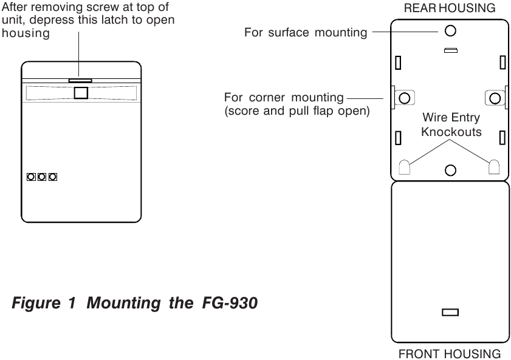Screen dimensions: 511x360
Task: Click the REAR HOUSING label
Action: (450, 8)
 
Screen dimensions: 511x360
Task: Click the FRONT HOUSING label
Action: (450, 354)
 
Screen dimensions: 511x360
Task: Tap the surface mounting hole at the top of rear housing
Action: (450, 31)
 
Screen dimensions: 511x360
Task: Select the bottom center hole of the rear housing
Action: (450, 170)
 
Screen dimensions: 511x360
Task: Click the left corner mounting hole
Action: (405, 98)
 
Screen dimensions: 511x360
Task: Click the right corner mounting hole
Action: (495, 98)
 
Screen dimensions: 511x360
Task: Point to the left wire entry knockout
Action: (405, 167)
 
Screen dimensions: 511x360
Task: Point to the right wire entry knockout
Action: (494, 167)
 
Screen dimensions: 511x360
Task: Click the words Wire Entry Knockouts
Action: (451, 124)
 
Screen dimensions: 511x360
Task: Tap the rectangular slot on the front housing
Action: (450, 313)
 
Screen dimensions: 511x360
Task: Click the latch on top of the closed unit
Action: (80, 80)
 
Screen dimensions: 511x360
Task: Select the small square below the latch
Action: (81, 93)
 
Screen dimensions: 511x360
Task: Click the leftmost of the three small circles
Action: (31, 177)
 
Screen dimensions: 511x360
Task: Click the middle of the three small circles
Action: (42, 177)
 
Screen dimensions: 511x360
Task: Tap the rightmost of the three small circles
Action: (53, 177)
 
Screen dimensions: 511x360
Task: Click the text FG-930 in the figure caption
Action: (230, 303)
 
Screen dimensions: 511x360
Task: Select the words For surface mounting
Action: (306, 33)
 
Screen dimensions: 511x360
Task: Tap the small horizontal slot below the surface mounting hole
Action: (451, 50)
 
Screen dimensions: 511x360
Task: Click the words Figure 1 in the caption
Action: (44, 304)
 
